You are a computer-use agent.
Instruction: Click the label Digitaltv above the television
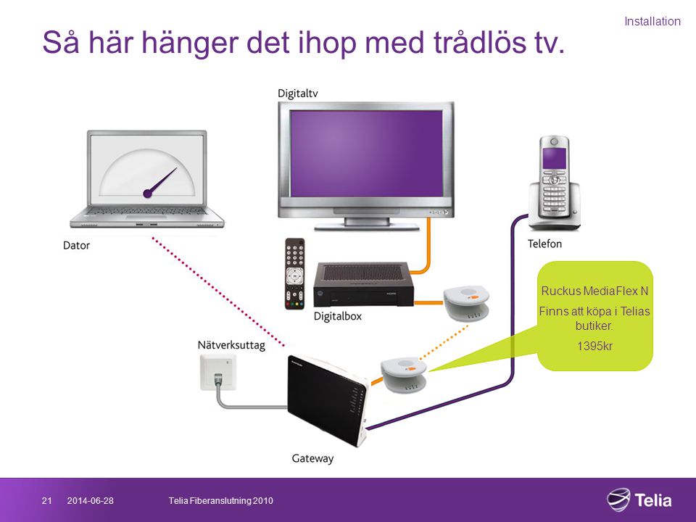click(297, 94)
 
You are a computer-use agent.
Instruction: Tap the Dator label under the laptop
click(76, 246)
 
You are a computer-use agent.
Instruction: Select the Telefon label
click(544, 244)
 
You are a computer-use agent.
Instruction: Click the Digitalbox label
click(337, 316)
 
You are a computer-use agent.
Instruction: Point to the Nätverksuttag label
click(231, 345)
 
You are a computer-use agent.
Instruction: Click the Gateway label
click(312, 458)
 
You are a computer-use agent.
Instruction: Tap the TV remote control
click(295, 273)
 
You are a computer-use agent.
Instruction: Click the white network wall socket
click(217, 373)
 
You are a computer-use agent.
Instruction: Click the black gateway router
click(328, 399)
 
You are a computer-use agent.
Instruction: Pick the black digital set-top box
click(363, 284)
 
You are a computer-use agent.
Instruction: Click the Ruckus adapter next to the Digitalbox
click(466, 303)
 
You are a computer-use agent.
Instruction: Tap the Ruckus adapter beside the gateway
click(404, 375)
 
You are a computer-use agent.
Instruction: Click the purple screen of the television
click(366, 153)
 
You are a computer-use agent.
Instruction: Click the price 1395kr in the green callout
click(594, 346)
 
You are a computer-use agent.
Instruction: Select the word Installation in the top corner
click(652, 21)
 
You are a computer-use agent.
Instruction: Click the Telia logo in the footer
click(639, 500)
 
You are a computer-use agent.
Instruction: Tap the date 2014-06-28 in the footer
click(90, 501)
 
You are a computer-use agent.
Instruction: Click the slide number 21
click(46, 501)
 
